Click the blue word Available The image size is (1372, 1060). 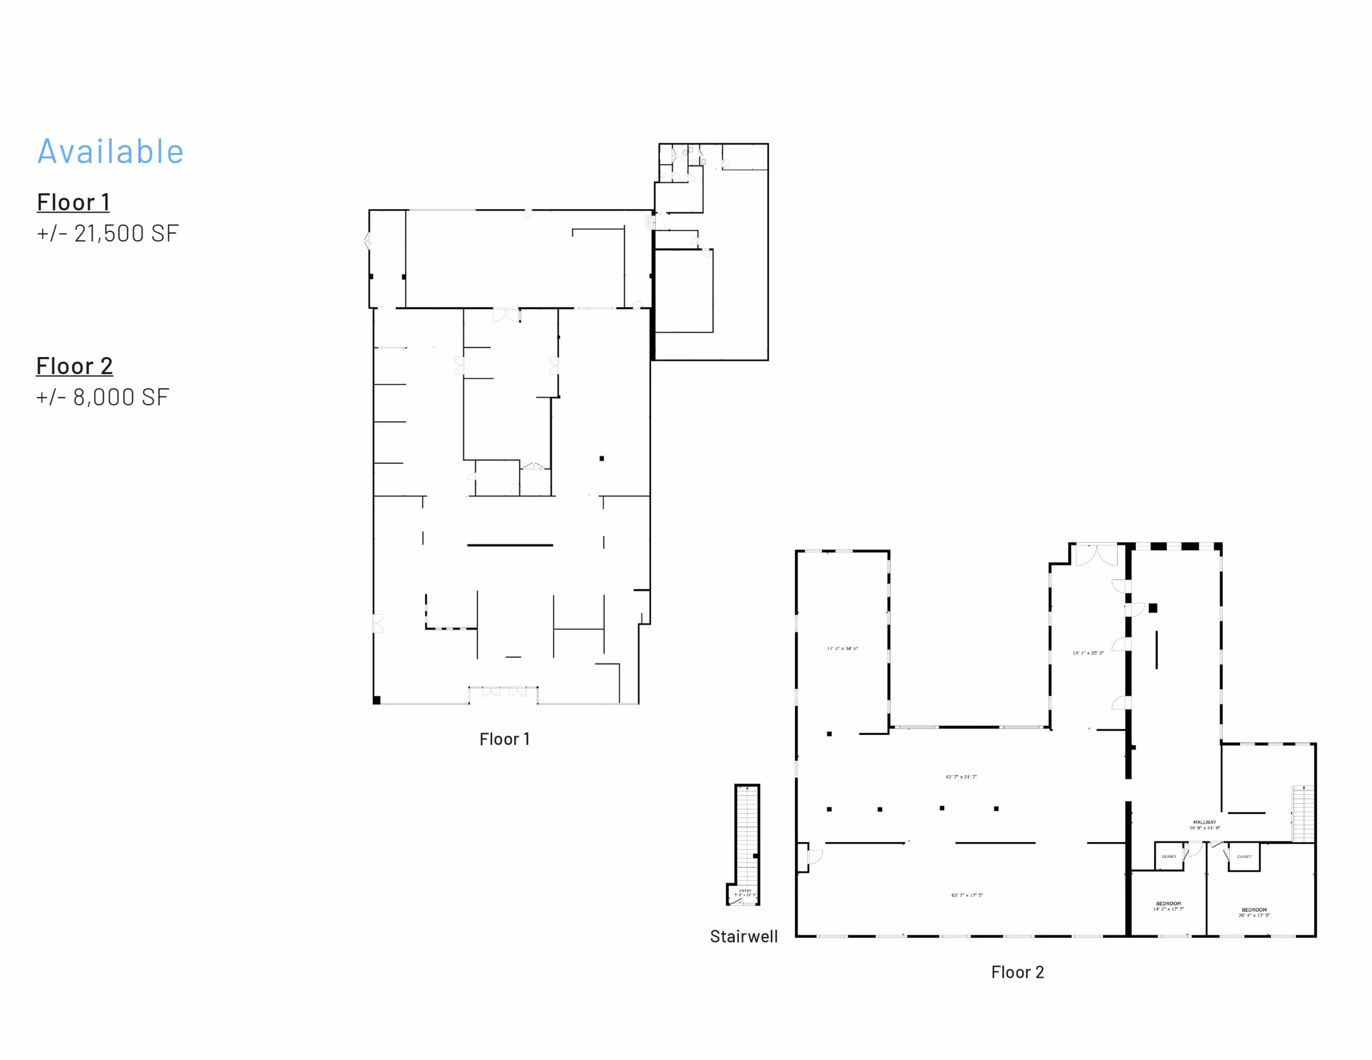tap(110, 151)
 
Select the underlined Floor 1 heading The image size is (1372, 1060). tap(73, 203)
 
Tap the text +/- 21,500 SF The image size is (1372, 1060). tap(107, 233)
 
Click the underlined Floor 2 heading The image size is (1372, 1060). tap(74, 366)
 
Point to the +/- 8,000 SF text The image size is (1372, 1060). tap(102, 397)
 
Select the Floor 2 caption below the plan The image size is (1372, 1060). tap(1017, 972)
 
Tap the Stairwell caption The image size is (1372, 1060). tap(743, 936)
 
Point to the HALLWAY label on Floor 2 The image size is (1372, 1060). tap(1204, 823)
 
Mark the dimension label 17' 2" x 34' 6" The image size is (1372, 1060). tap(842, 648)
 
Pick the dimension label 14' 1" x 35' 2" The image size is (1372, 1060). tap(1088, 653)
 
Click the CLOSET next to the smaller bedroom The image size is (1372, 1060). tap(1168, 856)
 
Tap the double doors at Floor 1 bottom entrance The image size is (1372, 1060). tap(504, 692)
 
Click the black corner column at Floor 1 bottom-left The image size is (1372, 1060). tap(376, 700)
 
